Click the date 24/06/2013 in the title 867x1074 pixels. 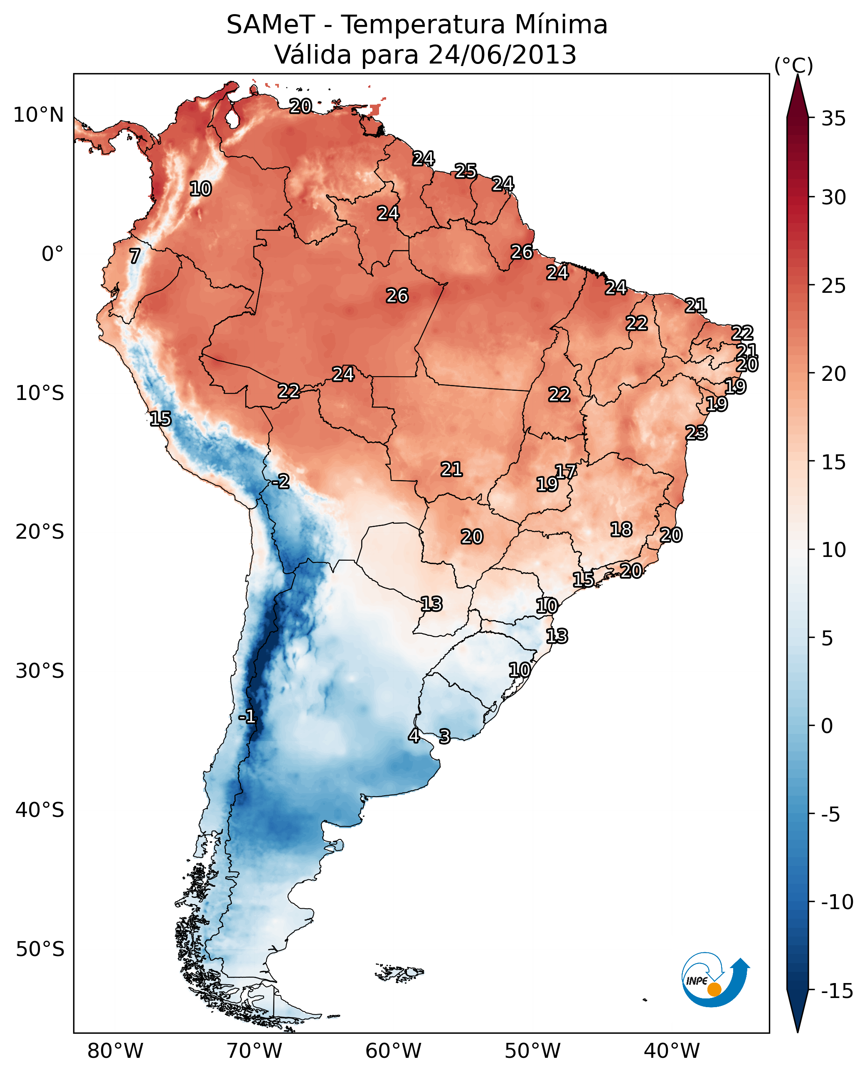(502, 55)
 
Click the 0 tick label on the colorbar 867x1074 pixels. (827, 726)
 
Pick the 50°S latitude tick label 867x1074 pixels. (40, 949)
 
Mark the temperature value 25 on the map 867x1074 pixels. (466, 171)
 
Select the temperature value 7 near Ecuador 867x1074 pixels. (135, 256)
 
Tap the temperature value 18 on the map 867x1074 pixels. (621, 530)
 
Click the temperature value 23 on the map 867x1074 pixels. (696, 433)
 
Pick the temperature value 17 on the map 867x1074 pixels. (566, 471)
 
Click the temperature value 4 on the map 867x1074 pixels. (414, 735)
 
